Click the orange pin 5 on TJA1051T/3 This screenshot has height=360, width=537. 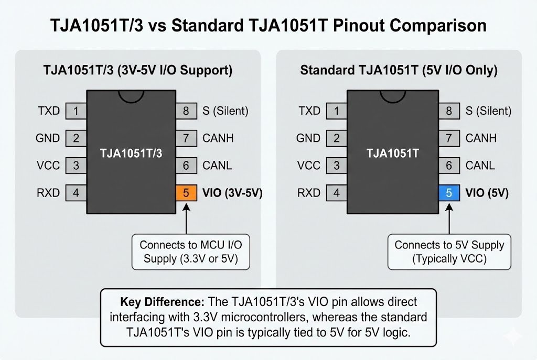pos(186,193)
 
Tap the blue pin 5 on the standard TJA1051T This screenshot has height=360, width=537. pos(449,193)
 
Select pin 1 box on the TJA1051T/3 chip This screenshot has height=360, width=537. pos(76,111)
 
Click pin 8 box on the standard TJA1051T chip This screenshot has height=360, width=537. pos(449,111)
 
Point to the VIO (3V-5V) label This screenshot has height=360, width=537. pos(232,193)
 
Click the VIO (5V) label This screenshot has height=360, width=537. pos(487,193)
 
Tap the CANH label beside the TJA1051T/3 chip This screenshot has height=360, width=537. pos(218,138)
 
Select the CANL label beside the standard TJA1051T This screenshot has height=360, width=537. pos(480,166)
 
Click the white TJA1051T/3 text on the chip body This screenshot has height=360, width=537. pos(131,154)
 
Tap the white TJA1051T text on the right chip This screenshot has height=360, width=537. pos(392,154)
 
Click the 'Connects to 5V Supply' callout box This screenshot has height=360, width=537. pos(449,252)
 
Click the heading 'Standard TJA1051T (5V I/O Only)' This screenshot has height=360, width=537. pos(399,70)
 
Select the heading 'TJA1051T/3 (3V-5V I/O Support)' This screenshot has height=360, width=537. pos(137,70)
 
